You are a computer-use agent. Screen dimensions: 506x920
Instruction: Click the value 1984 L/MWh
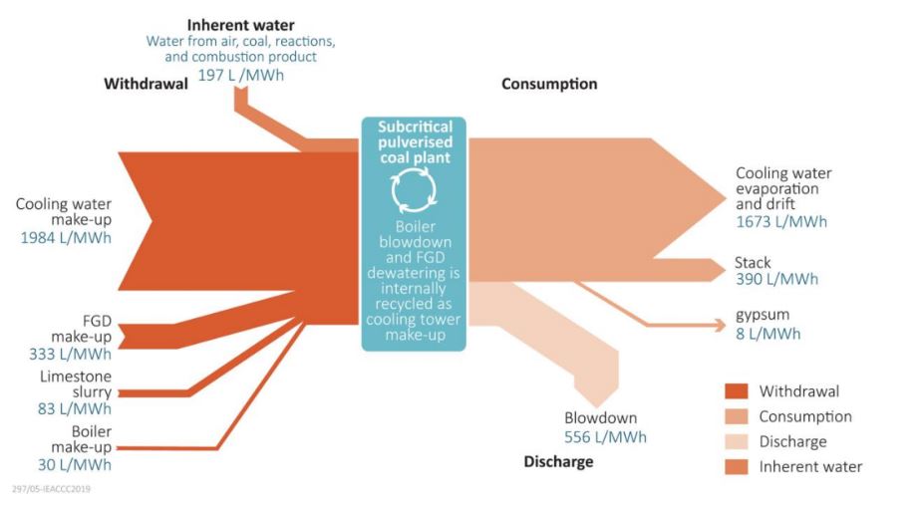(66, 238)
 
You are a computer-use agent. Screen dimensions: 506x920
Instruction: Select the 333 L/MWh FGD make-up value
(70, 353)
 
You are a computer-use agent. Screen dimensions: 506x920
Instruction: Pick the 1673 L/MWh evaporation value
(781, 221)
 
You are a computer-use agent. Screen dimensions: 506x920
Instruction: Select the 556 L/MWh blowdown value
(605, 436)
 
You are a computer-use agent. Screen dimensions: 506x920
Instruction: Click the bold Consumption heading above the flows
(549, 84)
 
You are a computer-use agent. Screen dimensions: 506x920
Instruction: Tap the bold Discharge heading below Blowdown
(558, 461)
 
